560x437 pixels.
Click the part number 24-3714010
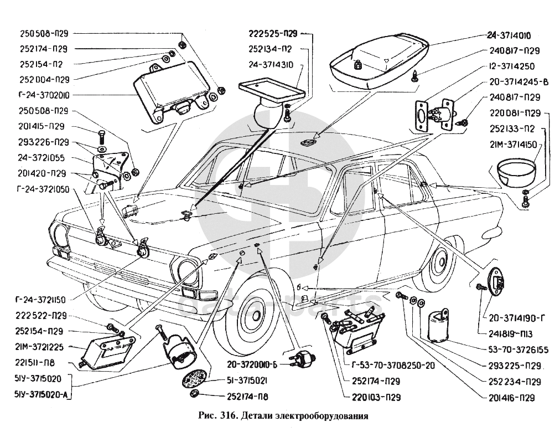509,35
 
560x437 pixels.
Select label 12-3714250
511,65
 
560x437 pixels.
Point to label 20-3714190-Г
517,317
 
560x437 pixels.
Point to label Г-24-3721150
37,300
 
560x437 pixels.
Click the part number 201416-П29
511,397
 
